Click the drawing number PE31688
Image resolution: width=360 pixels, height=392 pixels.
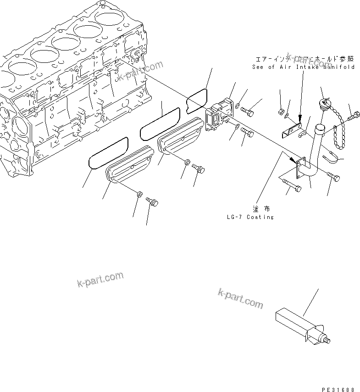[x=338, y=389]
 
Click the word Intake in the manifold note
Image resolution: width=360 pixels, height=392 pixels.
[x=312, y=67]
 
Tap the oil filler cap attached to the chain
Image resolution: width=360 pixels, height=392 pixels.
[x=326, y=103]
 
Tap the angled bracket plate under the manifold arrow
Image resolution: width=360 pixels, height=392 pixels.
[x=291, y=131]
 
